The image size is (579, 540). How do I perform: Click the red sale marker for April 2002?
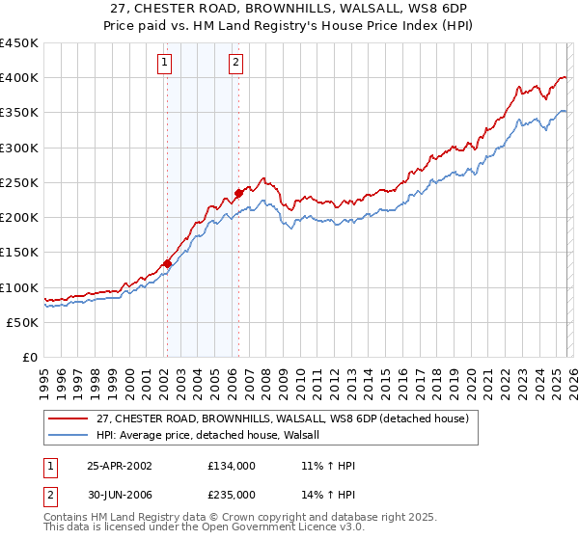(167, 263)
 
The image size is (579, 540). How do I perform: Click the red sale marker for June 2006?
(238, 193)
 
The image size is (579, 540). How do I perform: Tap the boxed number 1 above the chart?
(165, 64)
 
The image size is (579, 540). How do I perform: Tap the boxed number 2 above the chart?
(235, 64)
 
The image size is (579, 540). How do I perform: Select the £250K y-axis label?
(19, 182)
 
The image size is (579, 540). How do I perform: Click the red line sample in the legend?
(69, 418)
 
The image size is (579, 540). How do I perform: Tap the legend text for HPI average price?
(214, 435)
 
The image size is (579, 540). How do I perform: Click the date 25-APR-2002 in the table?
(119, 465)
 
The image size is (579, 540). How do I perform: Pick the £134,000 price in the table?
(232, 465)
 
